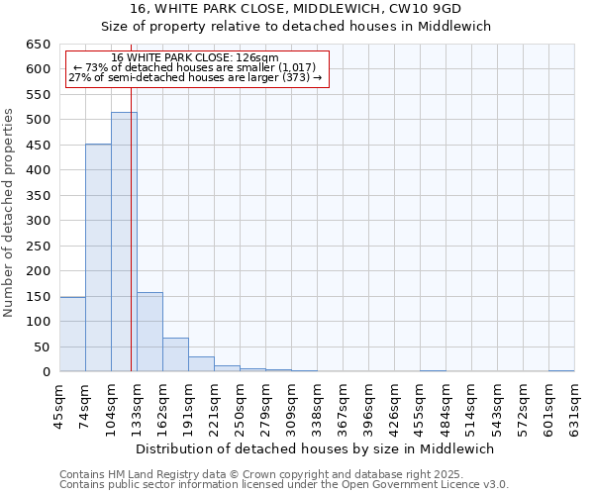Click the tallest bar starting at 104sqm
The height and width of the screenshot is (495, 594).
(124, 243)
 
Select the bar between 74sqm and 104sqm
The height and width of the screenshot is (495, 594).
(98, 257)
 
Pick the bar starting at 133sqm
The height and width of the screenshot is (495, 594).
(149, 332)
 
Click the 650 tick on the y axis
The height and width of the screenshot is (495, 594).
(38, 45)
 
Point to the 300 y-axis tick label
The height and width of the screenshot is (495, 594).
(38, 221)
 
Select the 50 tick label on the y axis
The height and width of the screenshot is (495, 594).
(42, 347)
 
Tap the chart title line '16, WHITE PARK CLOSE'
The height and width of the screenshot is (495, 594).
(297, 9)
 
